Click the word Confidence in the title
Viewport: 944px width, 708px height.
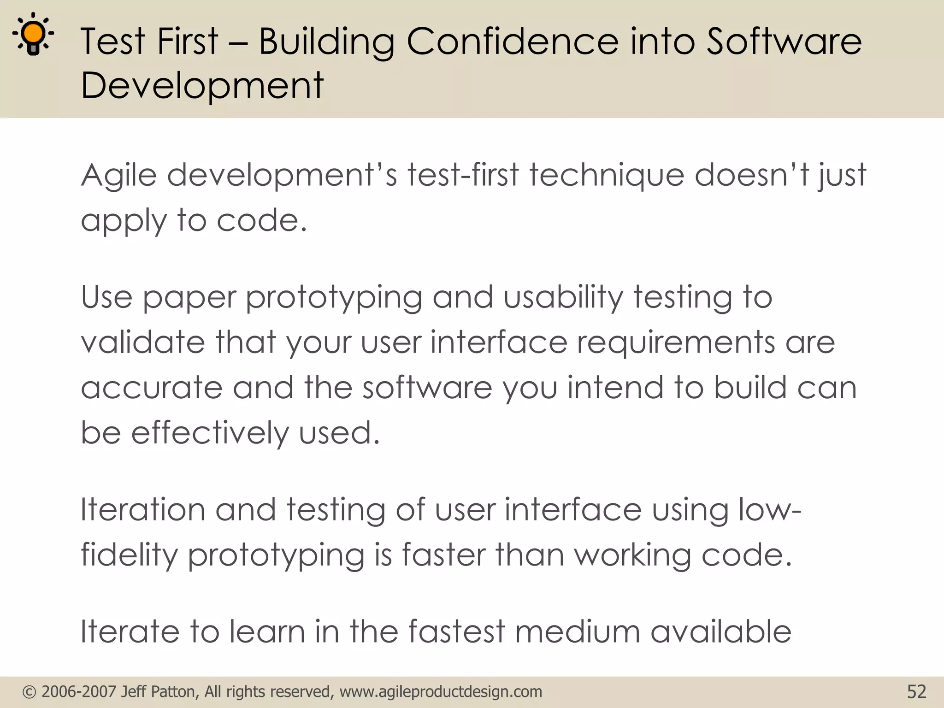point(513,41)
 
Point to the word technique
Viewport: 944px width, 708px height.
point(607,176)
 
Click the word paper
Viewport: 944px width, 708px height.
point(189,298)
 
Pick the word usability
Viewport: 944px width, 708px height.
point(563,297)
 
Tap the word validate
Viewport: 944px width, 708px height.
point(143,342)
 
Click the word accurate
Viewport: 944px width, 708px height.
point(152,388)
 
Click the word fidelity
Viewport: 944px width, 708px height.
point(129,555)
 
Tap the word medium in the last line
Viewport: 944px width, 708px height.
point(578,631)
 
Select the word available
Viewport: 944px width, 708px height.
point(721,631)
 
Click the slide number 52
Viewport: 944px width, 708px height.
point(916,692)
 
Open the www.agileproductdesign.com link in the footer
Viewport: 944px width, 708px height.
point(441,692)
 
